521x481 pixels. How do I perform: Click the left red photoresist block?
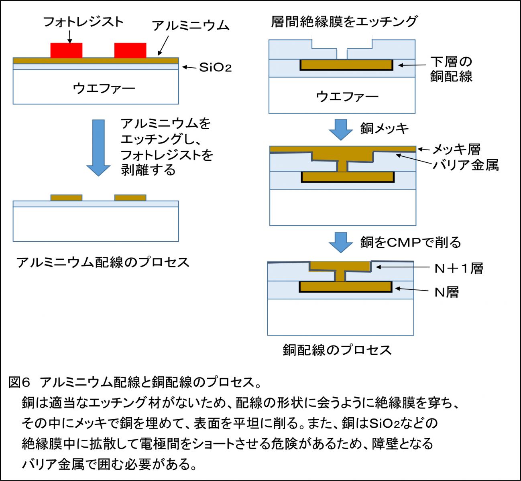pos(66,50)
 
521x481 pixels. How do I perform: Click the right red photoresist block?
pos(130,50)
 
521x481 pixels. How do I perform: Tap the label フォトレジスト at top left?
pos(83,22)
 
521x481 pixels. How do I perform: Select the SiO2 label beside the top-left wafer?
pos(216,67)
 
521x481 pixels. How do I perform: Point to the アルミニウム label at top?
pos(190,26)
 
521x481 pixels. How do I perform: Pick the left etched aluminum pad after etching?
pos(66,198)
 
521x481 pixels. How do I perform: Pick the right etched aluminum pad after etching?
pos(130,198)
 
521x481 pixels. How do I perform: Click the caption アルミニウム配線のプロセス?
pos(103,262)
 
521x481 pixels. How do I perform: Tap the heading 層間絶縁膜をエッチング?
pos(344,21)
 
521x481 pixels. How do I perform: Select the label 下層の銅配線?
pos(451,69)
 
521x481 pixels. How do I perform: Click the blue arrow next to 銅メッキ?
pos(340,129)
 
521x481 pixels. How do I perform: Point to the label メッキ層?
pos(456,150)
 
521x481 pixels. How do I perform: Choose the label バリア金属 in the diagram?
pos(466,164)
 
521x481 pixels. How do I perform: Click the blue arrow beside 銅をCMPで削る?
pos(340,243)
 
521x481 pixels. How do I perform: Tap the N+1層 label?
pos(458,268)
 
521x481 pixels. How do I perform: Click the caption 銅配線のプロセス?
pos(337,350)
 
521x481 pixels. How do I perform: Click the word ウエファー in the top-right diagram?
pos(347,96)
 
